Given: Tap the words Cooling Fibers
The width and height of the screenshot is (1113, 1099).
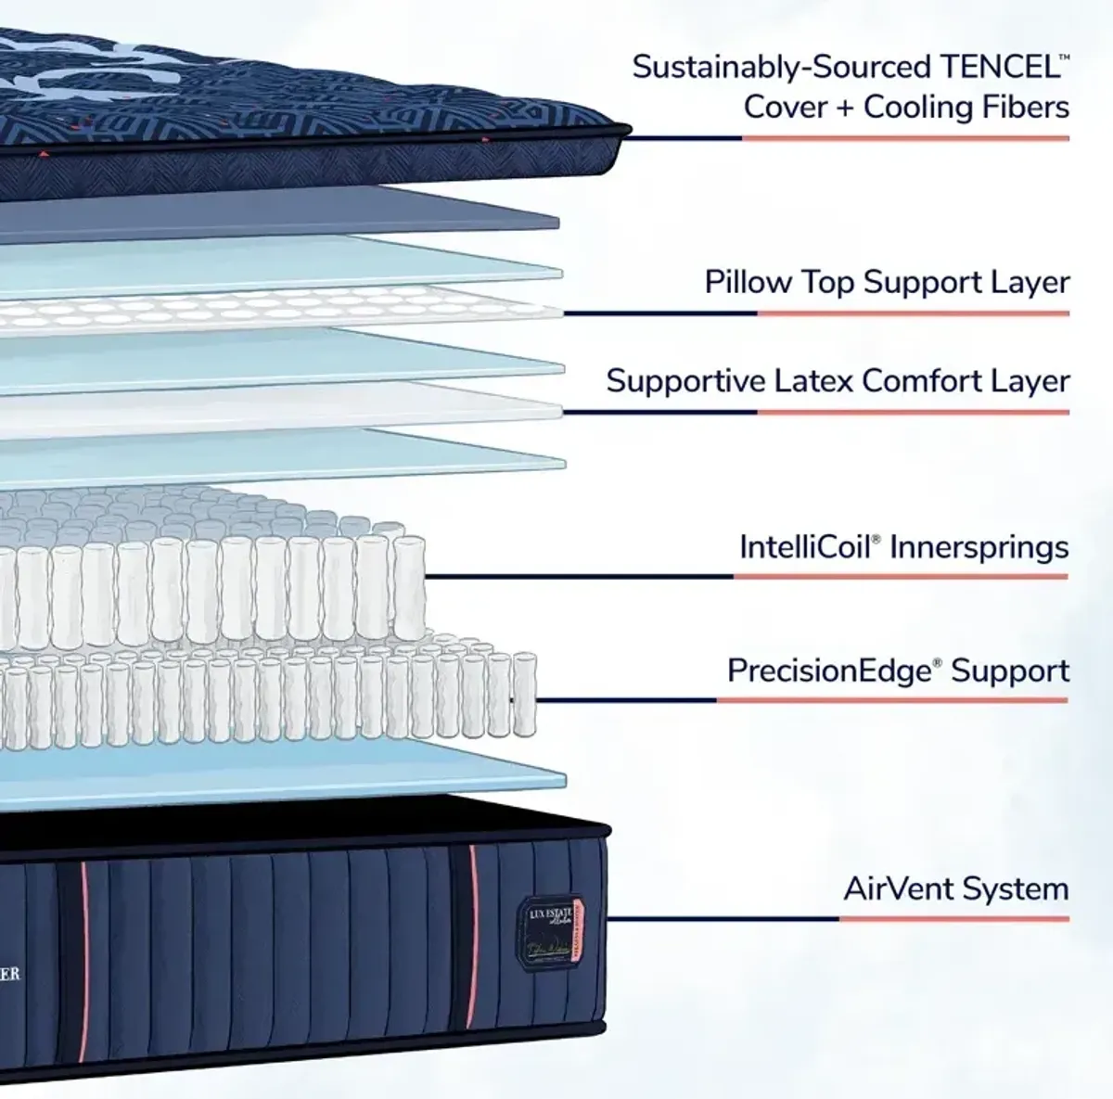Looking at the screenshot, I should click(966, 107).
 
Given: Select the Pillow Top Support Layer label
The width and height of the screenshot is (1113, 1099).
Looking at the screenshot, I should click(887, 282).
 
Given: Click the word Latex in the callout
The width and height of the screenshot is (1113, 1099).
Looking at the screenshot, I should click(812, 381).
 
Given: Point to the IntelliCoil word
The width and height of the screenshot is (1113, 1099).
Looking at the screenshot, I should click(805, 547).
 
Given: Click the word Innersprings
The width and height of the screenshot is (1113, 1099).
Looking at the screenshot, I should click(979, 547).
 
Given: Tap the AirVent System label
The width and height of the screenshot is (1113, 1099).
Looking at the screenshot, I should click(955, 888).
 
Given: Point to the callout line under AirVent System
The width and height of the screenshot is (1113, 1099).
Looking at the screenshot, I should click(838, 919).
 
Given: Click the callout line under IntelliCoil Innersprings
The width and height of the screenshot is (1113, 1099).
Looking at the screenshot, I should click(742, 577).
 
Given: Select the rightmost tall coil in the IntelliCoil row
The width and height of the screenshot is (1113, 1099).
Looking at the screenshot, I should click(409, 584).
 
